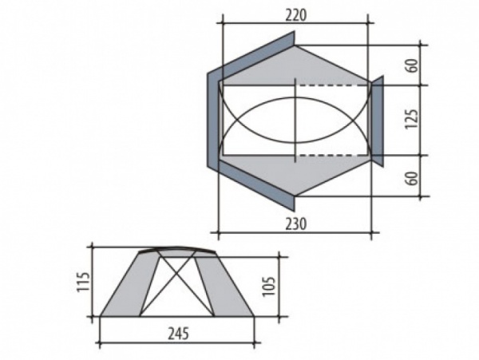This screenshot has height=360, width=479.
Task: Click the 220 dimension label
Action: click(x=295, y=15)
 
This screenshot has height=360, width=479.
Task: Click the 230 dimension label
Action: click(x=295, y=224)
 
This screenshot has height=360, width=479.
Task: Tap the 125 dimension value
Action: click(x=411, y=119)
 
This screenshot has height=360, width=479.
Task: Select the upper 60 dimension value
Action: click(x=412, y=65)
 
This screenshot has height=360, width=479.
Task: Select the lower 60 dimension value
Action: click(x=412, y=178)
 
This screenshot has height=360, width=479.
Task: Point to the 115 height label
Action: click(x=83, y=282)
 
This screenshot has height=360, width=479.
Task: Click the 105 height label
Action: click(x=269, y=287)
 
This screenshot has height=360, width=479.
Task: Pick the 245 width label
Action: click(x=178, y=333)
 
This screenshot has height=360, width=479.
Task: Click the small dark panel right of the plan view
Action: click(x=378, y=121)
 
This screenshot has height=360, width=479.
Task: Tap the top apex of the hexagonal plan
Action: click(x=295, y=45)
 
